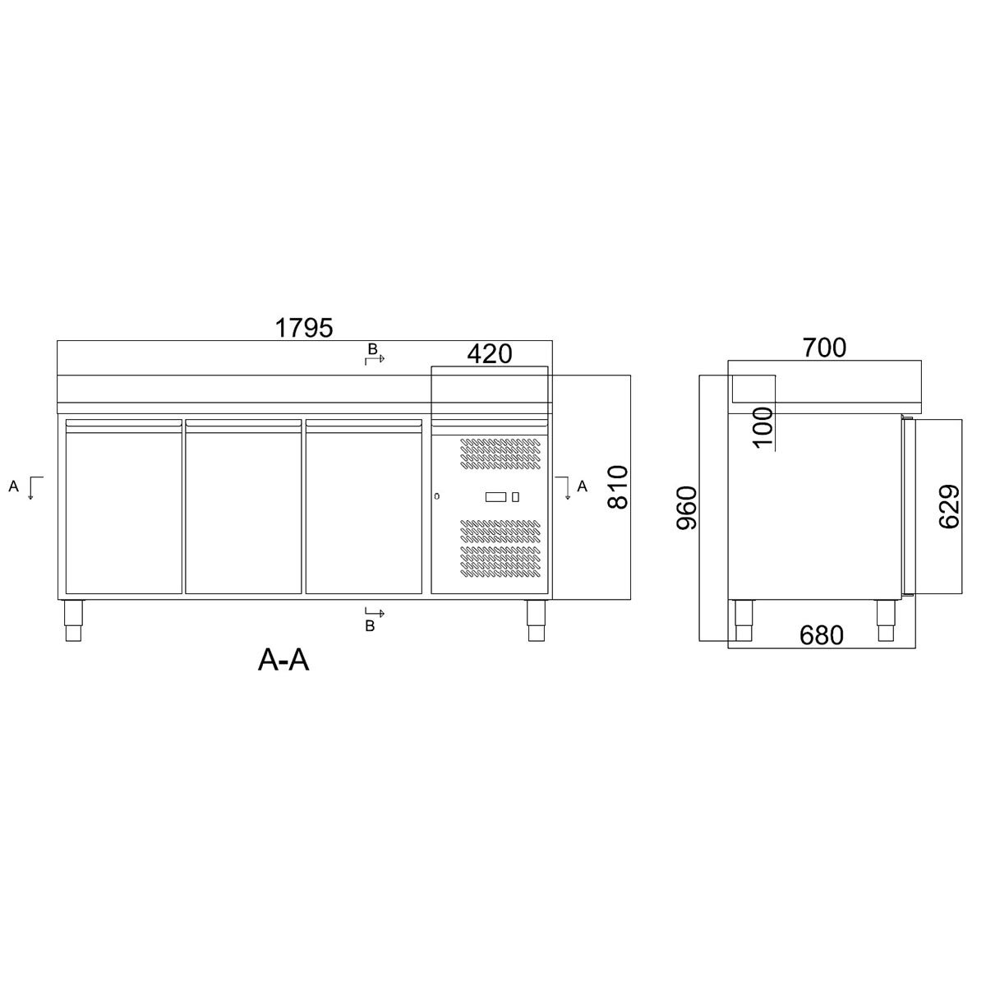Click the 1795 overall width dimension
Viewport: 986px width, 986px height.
click(x=304, y=327)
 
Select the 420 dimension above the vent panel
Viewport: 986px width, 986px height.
click(x=489, y=354)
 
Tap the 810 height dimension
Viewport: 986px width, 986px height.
click(x=618, y=487)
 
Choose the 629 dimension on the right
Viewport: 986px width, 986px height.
click(x=948, y=507)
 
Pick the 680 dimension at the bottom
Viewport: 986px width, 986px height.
click(x=821, y=635)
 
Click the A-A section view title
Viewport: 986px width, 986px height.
click(x=283, y=659)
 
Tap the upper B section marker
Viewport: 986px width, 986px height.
click(x=374, y=354)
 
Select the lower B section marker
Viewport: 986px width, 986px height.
click(x=374, y=619)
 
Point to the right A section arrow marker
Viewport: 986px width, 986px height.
click(x=573, y=486)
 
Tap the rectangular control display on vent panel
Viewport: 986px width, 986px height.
click(x=496, y=496)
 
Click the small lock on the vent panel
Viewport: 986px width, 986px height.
click(x=437, y=495)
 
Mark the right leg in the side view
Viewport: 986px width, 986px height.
click(x=886, y=620)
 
